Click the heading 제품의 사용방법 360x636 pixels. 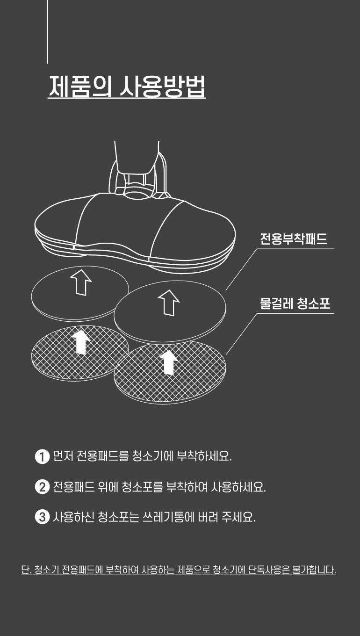click(127, 86)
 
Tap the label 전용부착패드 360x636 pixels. click(294, 239)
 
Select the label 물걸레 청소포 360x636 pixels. click(295, 304)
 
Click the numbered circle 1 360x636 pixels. click(42, 457)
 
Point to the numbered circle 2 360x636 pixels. click(42, 487)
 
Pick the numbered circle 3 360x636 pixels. click(42, 517)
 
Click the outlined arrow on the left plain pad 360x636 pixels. click(81, 282)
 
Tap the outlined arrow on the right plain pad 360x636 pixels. click(169, 303)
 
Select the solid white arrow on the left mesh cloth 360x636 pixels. click(81, 342)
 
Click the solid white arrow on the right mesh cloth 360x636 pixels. click(169, 362)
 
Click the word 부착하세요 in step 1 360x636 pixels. click(204, 456)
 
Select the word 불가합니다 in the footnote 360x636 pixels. click(314, 570)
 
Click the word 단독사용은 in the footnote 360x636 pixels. click(268, 570)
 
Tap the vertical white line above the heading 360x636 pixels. click(47, 31)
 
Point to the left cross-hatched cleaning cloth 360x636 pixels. click(80, 353)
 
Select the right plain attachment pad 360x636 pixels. click(170, 312)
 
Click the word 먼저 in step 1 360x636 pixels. click(63, 456)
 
